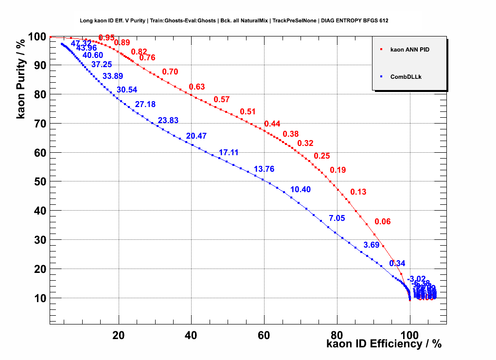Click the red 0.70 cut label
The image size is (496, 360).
pos(170,72)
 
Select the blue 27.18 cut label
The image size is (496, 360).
pos(145,105)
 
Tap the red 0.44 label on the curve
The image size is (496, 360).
pos(272,124)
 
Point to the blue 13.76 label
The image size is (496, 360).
pos(264,169)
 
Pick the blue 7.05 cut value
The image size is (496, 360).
pos(337,218)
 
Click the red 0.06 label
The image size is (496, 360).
pos(383,222)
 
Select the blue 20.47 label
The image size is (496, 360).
pos(196,136)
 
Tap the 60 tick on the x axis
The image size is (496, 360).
pos(264,335)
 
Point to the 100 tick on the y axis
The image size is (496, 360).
pos(36,37)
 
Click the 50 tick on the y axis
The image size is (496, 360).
pos(39,182)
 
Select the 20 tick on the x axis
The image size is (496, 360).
pos(118,335)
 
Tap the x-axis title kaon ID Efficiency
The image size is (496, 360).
pos(384,344)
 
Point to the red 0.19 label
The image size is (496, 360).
pos(338,170)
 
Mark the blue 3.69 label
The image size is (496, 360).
pos(372,245)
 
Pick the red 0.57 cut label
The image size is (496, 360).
pos(222,100)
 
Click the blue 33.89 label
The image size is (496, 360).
pos(112,76)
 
